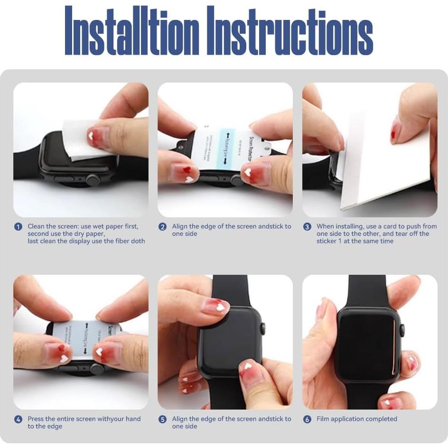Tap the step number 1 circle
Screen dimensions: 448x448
tap(18, 227)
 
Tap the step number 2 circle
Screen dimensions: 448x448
tap(163, 227)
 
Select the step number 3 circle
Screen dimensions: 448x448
tap(307, 227)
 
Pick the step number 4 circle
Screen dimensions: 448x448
tap(18, 420)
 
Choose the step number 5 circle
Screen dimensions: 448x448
tap(163, 420)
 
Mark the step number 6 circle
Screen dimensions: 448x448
tap(307, 420)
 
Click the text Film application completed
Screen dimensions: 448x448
tap(356, 419)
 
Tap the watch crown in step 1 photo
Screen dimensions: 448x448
tap(93, 180)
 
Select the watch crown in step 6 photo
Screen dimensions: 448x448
tap(402, 330)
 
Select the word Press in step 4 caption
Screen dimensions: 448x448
tap(36, 419)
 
